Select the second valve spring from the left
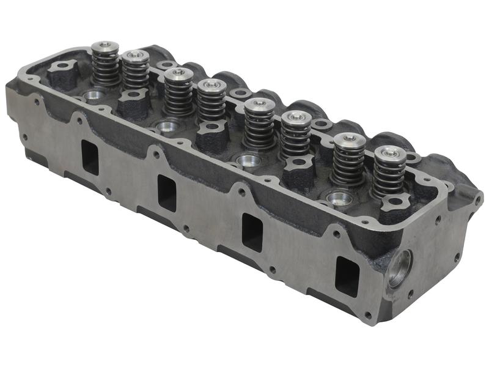[135, 72]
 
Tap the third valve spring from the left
[178, 92]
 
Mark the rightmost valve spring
[389, 172]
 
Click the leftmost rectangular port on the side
[90, 157]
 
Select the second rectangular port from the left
[167, 193]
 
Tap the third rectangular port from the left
[252, 232]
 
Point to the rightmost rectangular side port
[347, 276]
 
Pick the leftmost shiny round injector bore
[94, 95]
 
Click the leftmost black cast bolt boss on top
[63, 74]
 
